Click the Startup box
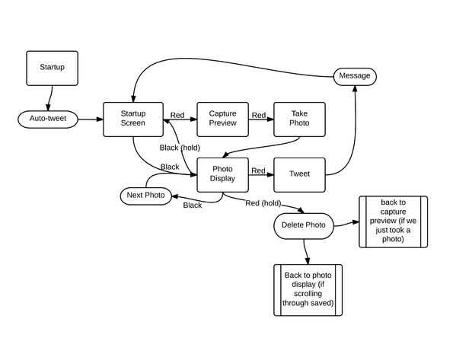pos(52,68)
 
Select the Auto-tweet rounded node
pos(49,119)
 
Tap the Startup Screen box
pos(133,119)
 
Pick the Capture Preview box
pos(222,119)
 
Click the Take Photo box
pos(299,119)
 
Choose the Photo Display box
pos(222,174)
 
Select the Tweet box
pos(299,174)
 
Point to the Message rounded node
pos(355,76)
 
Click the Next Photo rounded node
pos(145,196)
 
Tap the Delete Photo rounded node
pos(303,225)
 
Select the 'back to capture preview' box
pos(393,221)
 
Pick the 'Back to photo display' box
pos(308,290)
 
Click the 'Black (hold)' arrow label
pos(180,148)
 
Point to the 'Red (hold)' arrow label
pos(263,203)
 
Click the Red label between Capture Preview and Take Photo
pos(259,116)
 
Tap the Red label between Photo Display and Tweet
pos(258,171)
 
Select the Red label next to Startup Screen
pos(177,116)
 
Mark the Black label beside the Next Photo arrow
pos(193,205)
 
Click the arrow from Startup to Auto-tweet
pos(50,98)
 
